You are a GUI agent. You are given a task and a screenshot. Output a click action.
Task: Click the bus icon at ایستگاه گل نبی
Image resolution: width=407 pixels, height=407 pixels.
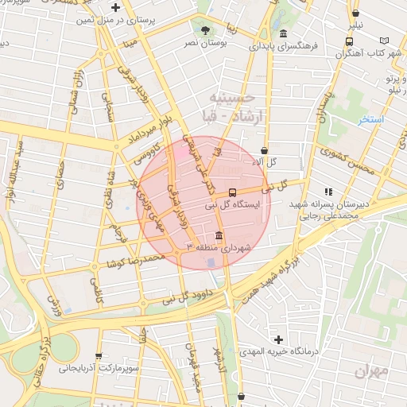[x=232, y=192]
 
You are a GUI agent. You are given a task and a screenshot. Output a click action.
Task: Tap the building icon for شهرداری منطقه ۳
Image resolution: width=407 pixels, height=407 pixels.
[x=219, y=235]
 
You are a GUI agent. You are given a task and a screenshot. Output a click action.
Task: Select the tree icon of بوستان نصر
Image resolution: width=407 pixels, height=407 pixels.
[x=206, y=30]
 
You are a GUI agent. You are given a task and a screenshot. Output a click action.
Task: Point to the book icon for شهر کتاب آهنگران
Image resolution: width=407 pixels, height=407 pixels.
[x=386, y=40]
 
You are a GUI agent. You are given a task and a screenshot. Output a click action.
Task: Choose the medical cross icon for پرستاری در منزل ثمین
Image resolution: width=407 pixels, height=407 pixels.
[x=117, y=8]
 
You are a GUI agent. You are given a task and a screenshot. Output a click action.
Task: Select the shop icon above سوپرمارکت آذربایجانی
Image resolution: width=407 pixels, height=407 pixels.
[x=99, y=356]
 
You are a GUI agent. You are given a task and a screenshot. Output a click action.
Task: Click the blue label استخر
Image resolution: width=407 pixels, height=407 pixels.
[x=370, y=120]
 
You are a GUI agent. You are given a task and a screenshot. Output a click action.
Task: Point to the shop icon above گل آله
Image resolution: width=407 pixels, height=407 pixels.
[x=264, y=149]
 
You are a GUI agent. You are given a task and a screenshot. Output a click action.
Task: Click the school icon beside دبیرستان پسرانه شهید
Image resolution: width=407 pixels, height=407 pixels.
[x=328, y=191]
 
